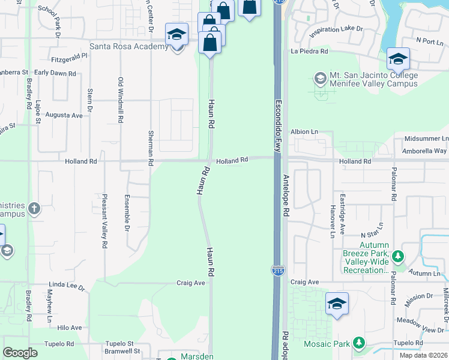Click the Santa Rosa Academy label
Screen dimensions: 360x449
[x=128, y=47]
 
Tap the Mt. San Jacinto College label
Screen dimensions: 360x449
[x=373, y=80]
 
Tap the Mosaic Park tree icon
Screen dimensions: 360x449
[x=359, y=343]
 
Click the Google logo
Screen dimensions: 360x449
[x=20, y=353]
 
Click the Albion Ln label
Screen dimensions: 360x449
[x=304, y=131]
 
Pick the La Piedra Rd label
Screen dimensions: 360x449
[x=309, y=52]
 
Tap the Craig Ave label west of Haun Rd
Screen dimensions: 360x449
[x=191, y=283]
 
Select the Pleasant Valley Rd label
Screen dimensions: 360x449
[x=104, y=221]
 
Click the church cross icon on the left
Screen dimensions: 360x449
[x=34, y=209]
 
